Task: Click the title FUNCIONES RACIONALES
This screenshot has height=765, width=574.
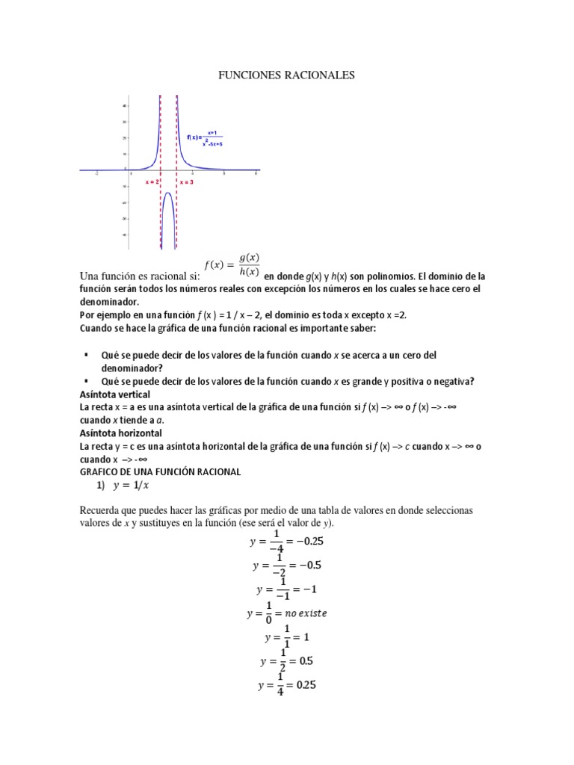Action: click(x=286, y=75)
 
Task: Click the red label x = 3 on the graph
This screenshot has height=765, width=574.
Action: click(x=186, y=182)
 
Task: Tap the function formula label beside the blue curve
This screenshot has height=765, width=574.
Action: click(x=203, y=137)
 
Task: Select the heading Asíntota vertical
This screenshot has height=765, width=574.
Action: click(x=114, y=394)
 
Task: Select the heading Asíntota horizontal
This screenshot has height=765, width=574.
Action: click(x=120, y=433)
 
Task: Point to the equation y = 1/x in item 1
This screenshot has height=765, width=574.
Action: click(x=131, y=485)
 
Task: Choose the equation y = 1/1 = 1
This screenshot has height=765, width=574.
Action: click(x=286, y=637)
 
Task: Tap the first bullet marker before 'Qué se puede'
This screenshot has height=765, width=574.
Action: click(x=87, y=356)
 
